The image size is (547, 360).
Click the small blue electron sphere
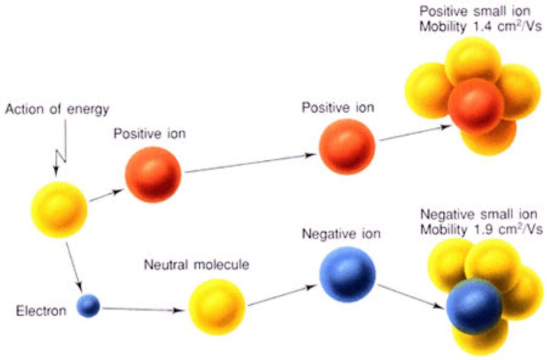[88, 306]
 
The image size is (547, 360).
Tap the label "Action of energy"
[57, 109]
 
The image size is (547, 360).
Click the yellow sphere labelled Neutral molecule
[217, 307]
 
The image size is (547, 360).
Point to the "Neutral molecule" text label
[197, 265]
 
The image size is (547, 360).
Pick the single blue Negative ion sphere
[347, 274]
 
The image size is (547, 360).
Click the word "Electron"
[41, 310]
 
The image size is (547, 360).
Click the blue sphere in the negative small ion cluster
[474, 306]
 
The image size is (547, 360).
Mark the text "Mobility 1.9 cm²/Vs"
[481, 230]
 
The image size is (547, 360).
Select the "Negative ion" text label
[341, 233]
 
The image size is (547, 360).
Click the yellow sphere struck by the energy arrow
[59, 210]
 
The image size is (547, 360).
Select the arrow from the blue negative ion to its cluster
[411, 296]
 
